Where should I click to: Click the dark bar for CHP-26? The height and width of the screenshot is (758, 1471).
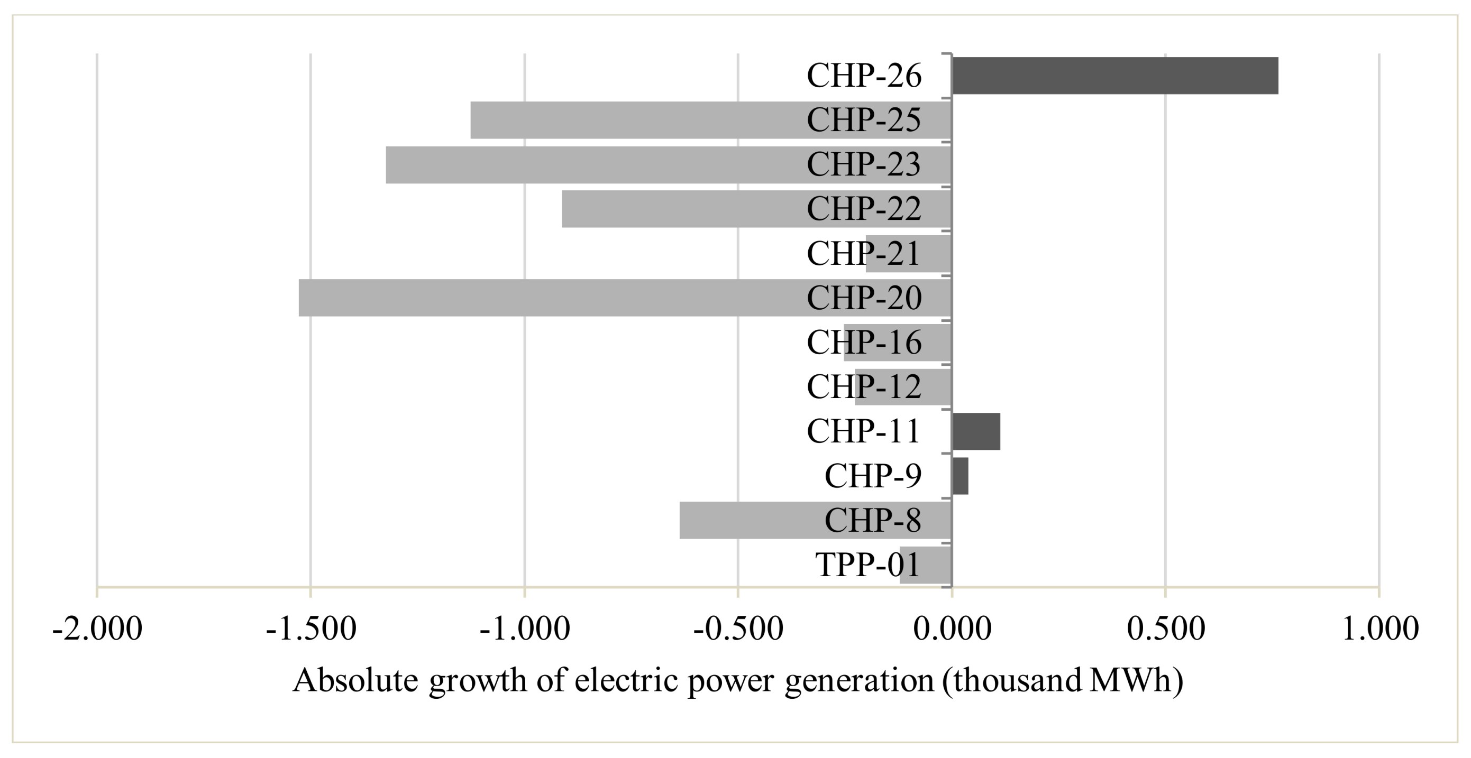[1113, 76]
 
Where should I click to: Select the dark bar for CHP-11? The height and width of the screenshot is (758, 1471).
[976, 431]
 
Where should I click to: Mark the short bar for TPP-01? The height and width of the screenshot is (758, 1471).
[913, 565]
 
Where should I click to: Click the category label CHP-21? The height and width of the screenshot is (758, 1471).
[863, 253]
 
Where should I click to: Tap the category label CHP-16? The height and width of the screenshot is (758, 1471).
[863, 343]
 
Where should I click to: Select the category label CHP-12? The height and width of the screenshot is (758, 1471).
[863, 387]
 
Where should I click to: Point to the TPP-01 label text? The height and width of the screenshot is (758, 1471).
[867, 565]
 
